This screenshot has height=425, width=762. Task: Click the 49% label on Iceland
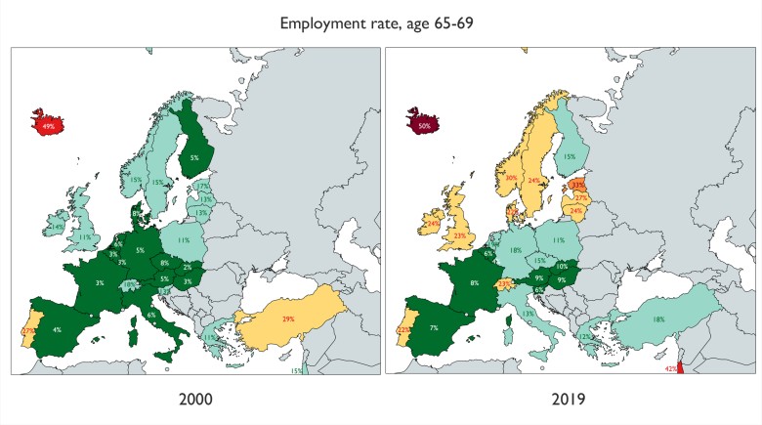pyautogui.click(x=49, y=126)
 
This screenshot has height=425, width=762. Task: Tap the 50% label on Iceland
pyautogui.click(x=423, y=126)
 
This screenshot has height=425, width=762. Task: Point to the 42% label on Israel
pyautogui.click(x=671, y=369)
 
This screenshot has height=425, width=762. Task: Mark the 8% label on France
pyautogui.click(x=474, y=283)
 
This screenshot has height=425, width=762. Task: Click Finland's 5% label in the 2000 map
pyautogui.click(x=194, y=156)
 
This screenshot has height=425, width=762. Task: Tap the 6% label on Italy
pyautogui.click(x=151, y=315)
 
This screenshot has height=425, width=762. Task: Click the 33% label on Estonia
pyautogui.click(x=578, y=184)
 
